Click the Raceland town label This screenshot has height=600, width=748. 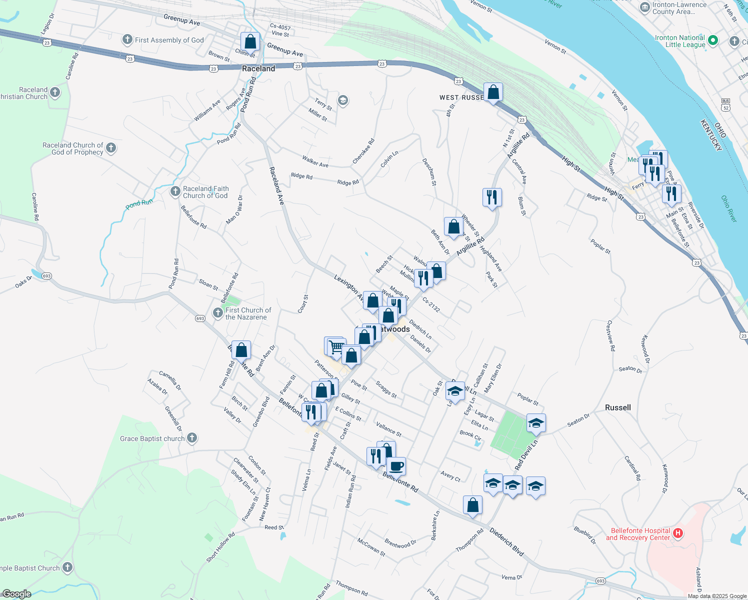[x=258, y=68]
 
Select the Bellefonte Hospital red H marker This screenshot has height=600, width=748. [x=678, y=533]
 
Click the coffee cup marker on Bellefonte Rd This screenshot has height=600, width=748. [x=396, y=466]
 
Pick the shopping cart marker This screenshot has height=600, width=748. [x=337, y=346]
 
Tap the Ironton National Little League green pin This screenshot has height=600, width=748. [x=713, y=40]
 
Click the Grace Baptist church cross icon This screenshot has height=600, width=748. [x=191, y=438]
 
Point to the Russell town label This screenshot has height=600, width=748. [x=618, y=407]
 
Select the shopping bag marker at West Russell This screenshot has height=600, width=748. [x=493, y=92]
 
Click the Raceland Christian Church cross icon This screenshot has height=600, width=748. [x=55, y=92]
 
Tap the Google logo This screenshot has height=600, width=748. [x=16, y=594]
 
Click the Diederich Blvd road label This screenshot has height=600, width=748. [x=506, y=541]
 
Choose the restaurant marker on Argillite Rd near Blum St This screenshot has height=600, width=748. [x=492, y=197]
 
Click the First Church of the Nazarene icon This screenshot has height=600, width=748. [x=218, y=313]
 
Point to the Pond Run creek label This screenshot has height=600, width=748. [x=139, y=203]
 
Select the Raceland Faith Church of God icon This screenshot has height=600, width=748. [x=175, y=191]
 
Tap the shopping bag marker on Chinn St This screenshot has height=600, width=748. [x=250, y=42]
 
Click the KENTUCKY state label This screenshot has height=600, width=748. [x=710, y=135]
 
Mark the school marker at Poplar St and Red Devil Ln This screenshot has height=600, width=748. [x=535, y=423]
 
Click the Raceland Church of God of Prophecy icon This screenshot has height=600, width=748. [x=111, y=148]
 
